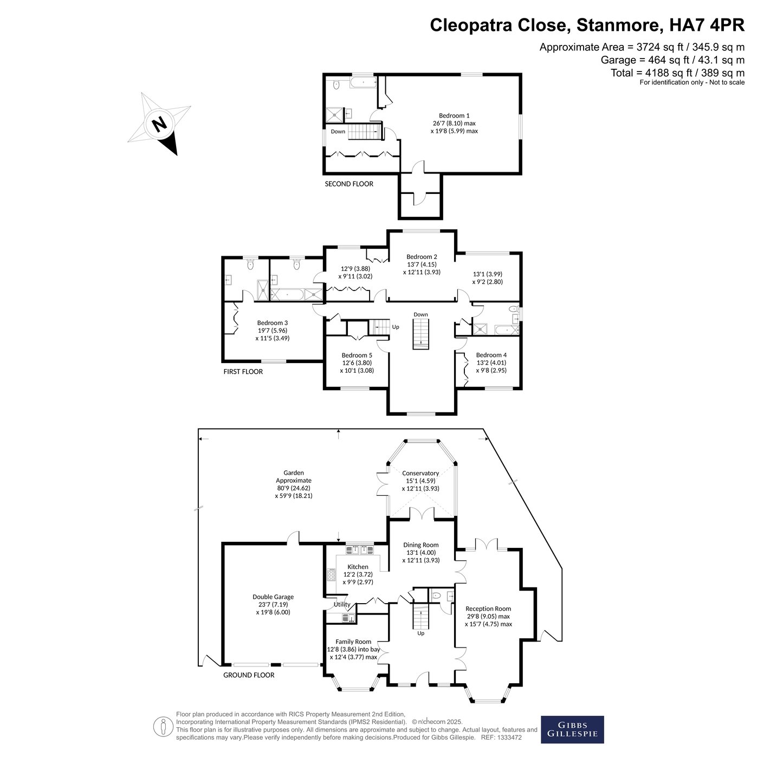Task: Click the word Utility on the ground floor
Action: pos(342,604)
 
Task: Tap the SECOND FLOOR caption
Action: pos(349,184)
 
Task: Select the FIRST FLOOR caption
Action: pos(243,372)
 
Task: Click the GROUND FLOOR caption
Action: pos(249,675)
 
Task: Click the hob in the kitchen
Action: pos(331,575)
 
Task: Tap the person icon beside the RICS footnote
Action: pos(163,727)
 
